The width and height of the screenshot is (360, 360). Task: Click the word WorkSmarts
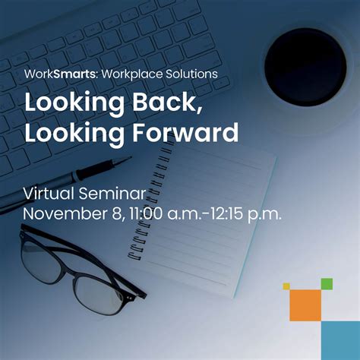pyautogui.click(x=55, y=74)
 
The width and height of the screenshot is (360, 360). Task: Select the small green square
pyautogui.click(x=327, y=284)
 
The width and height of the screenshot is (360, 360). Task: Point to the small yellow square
pyautogui.click(x=286, y=286)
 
